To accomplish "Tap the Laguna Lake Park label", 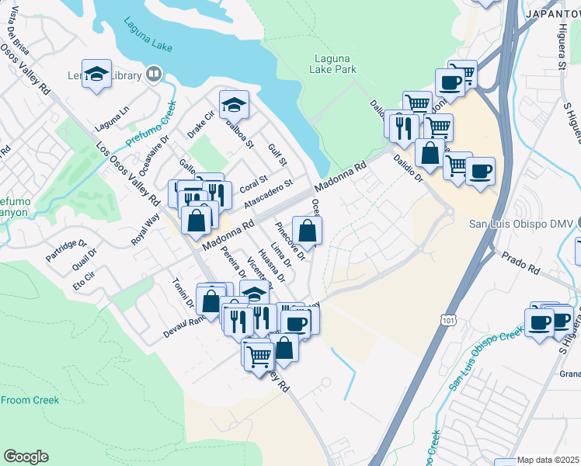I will coord(336,64).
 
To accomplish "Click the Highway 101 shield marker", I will coord(447,318).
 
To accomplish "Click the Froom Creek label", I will coord(30,400).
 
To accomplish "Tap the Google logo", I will coord(26,457).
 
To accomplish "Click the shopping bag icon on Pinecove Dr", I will coord(308,231).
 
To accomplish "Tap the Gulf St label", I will coord(277,154).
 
